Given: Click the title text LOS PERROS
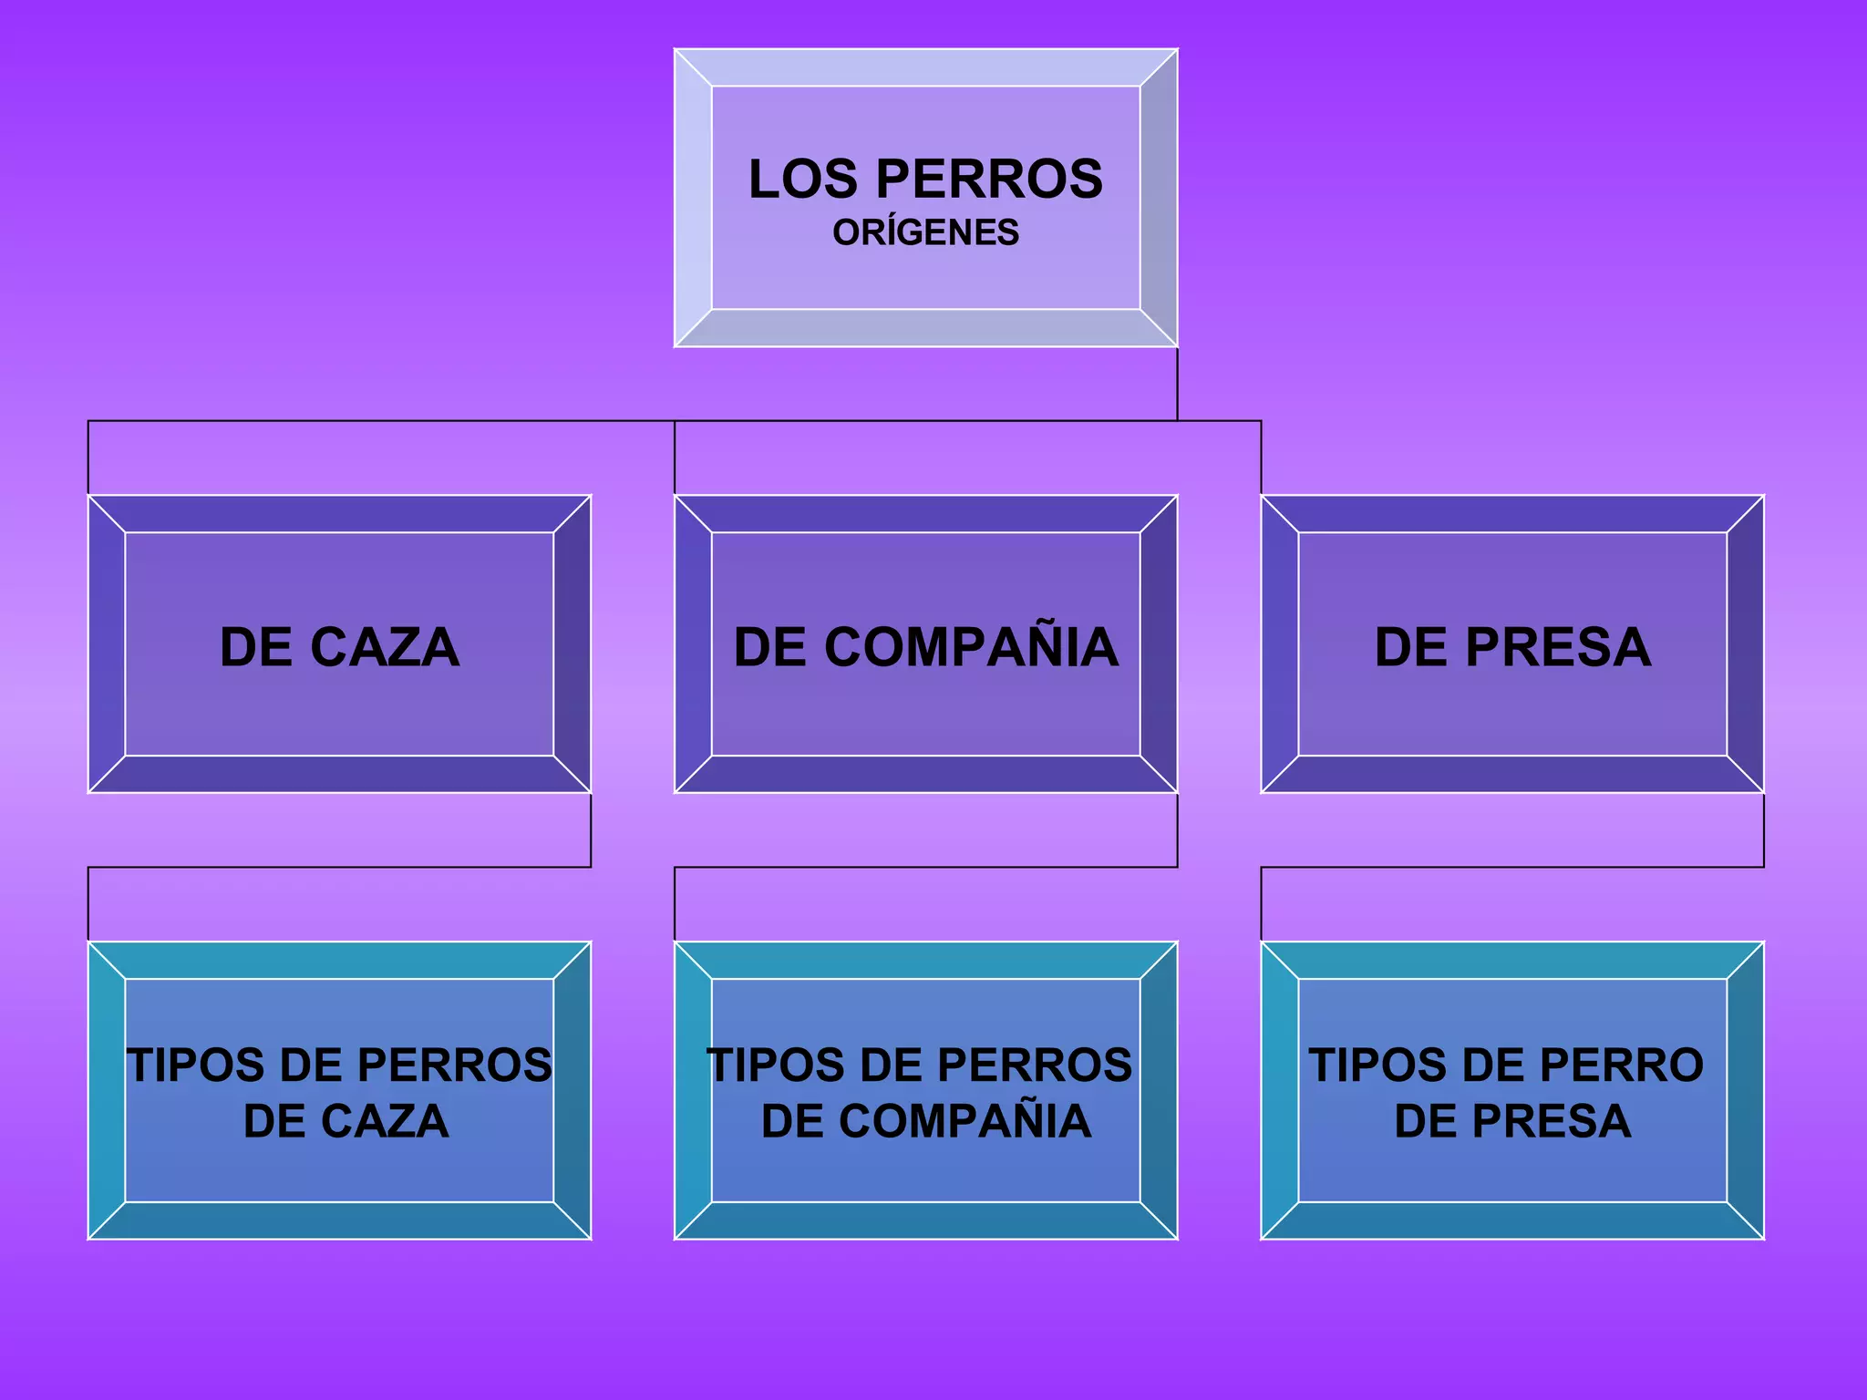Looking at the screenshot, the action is click(x=925, y=179).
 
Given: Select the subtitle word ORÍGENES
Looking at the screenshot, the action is click(x=925, y=233).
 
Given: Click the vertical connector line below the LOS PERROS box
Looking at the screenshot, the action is click(x=1177, y=384).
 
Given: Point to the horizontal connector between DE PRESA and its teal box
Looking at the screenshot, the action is click(x=1512, y=867).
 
